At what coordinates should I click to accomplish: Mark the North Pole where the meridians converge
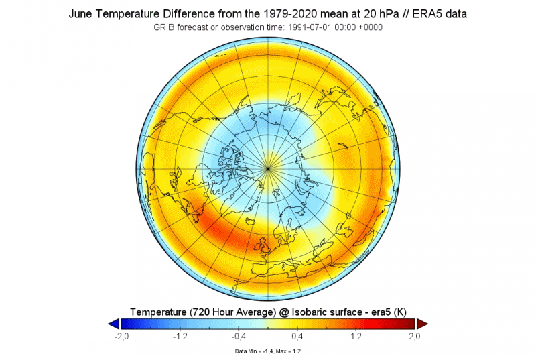click(x=268, y=166)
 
